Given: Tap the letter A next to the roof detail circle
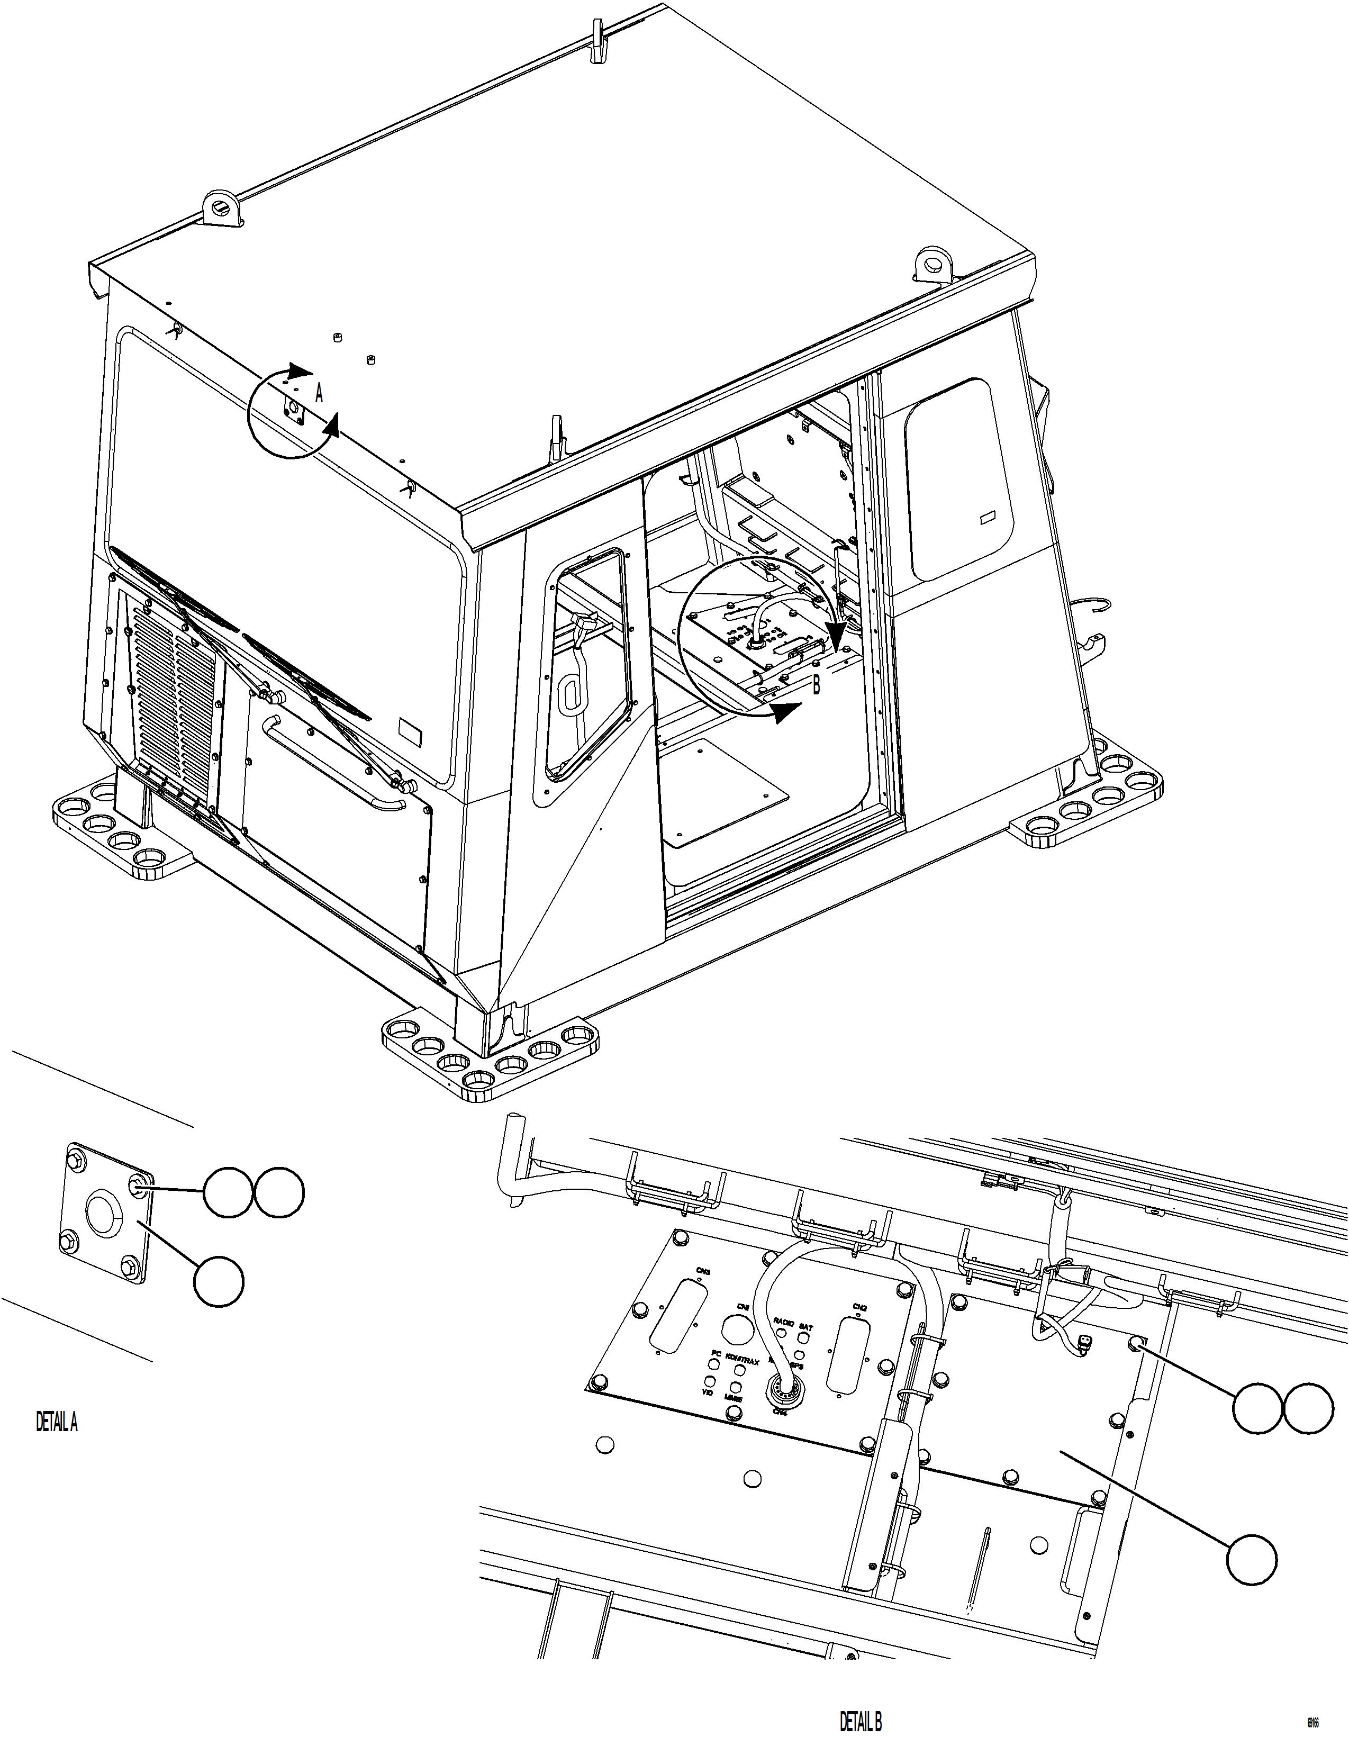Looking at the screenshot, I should point(319,393).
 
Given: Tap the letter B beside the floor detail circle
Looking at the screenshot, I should point(816,685).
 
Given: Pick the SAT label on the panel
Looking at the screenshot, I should point(805,1327).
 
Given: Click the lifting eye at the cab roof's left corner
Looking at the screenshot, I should point(220,209).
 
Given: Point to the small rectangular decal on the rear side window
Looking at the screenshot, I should point(991,517).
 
